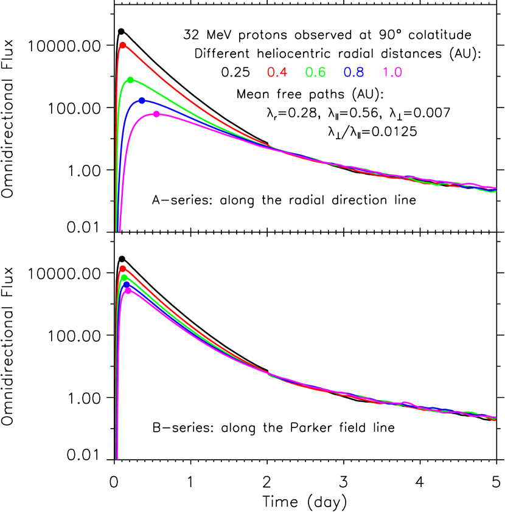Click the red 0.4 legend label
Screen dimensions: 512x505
pyautogui.click(x=277, y=73)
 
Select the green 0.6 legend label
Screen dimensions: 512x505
pyautogui.click(x=315, y=73)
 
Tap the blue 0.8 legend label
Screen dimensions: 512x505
pyautogui.click(x=353, y=73)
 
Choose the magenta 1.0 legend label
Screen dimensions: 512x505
pyautogui.click(x=392, y=73)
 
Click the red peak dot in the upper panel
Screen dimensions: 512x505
pyautogui.click(x=122, y=45)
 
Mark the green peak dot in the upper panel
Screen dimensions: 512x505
pyautogui.click(x=130, y=80)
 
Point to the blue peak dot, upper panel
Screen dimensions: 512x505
pyautogui.click(x=142, y=100)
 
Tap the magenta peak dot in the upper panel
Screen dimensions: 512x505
pyautogui.click(x=156, y=114)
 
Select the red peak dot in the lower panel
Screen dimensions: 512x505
pyautogui.click(x=122, y=268)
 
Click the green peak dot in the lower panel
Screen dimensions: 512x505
pyautogui.click(x=124, y=277)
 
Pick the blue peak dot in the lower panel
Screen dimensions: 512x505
pyautogui.click(x=126, y=283)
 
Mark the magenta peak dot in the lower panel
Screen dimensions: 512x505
pyautogui.click(x=128, y=290)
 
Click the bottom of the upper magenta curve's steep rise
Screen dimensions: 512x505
pyautogui.click(x=119, y=229)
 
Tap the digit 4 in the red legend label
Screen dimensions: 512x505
pyautogui.click(x=283, y=73)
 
